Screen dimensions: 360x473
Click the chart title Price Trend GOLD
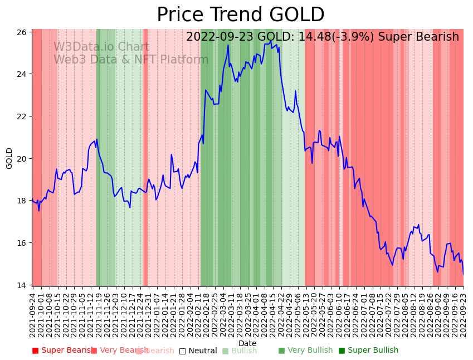coord(240,15)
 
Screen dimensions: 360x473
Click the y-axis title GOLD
coord(9,158)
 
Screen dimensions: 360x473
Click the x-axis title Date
coord(247,344)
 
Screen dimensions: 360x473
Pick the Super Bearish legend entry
coord(62,351)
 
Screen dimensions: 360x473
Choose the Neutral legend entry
coord(198,351)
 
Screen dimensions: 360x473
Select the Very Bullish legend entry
coord(305,351)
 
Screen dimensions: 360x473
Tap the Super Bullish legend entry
coord(368,351)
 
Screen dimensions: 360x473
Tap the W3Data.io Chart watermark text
coord(101,47)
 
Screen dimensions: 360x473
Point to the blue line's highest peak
coord(271,41)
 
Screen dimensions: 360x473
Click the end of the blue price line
coord(463,274)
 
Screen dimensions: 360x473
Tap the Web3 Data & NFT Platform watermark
coord(131,60)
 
